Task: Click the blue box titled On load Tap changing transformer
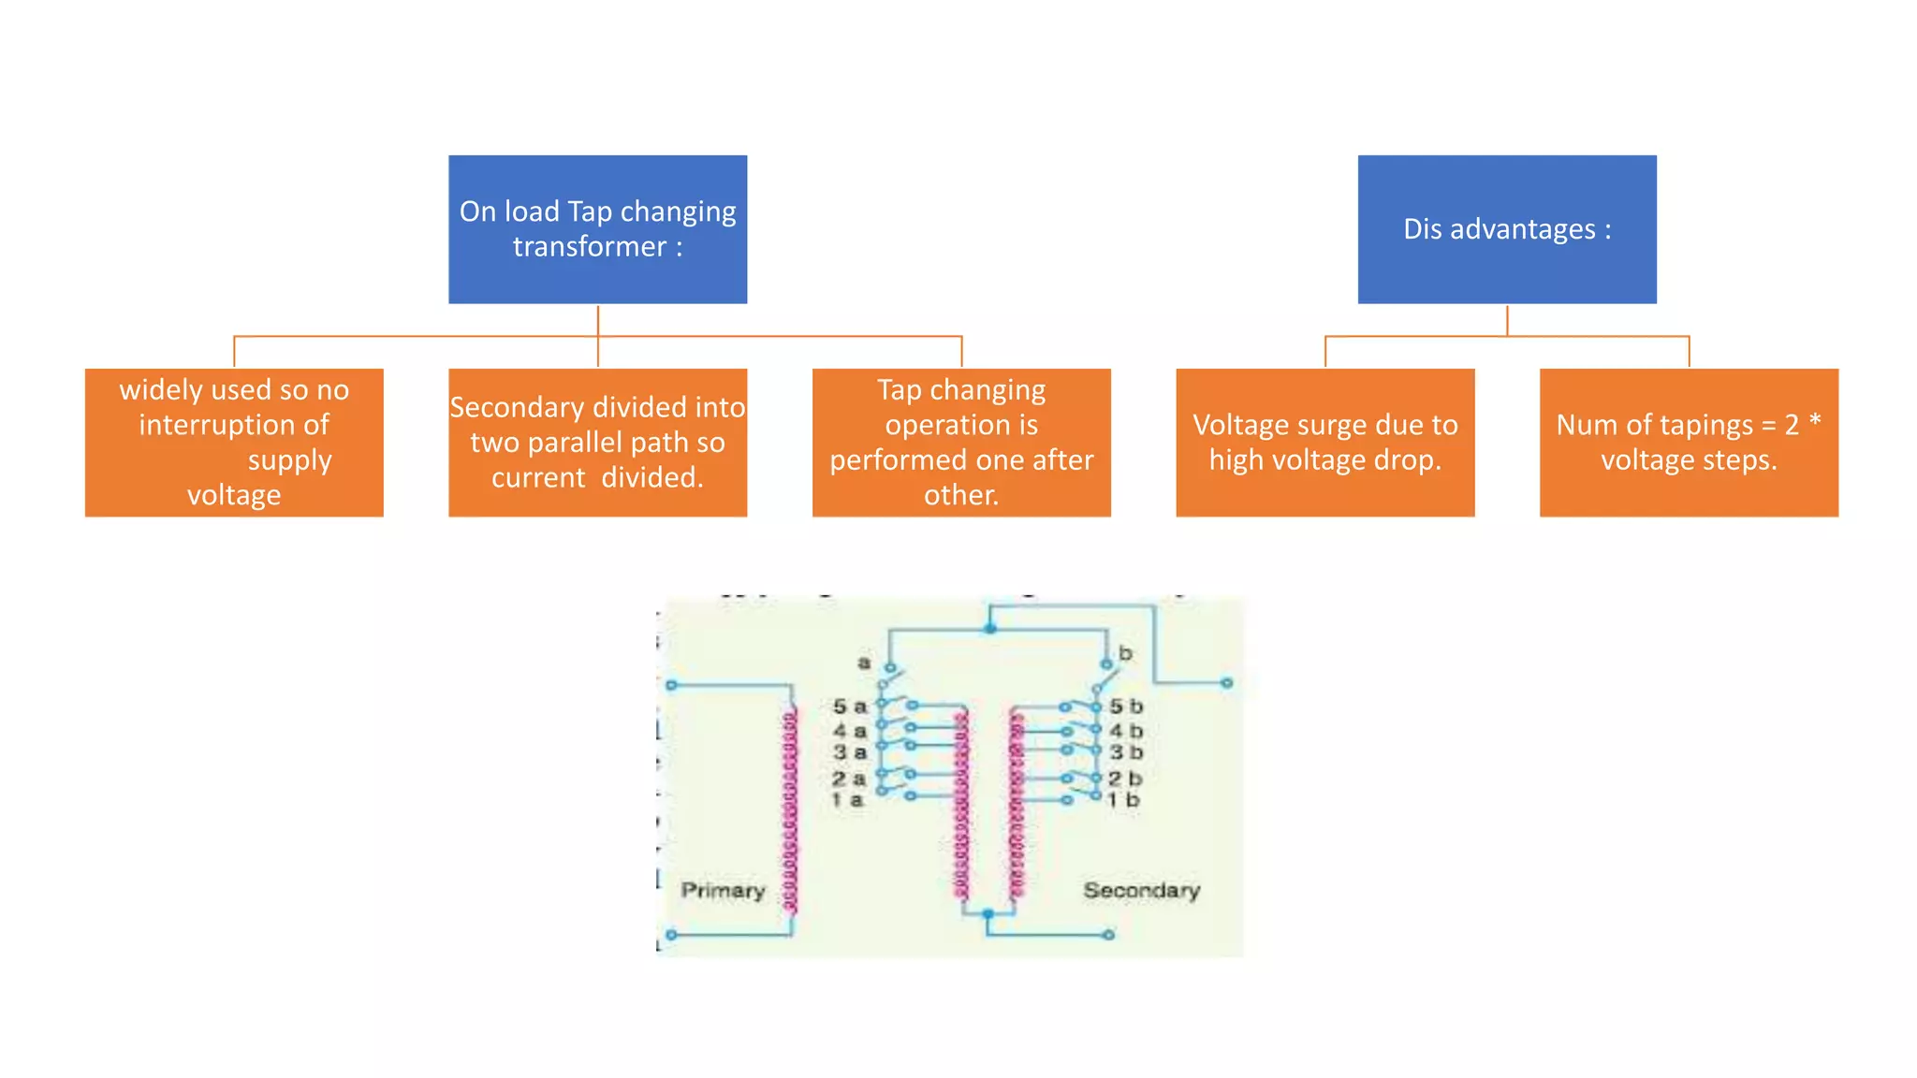point(597,229)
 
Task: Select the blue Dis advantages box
point(1506,229)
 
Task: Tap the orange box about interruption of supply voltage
point(234,442)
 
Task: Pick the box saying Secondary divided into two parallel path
point(597,442)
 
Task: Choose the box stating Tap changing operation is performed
point(961,442)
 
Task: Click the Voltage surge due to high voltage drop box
point(1324,442)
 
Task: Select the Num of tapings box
point(1689,442)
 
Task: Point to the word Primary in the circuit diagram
point(723,890)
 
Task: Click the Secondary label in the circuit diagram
point(1141,890)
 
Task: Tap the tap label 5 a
point(850,707)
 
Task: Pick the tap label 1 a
point(847,800)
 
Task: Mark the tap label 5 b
point(1126,707)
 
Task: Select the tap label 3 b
point(1126,752)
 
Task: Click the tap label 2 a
point(848,779)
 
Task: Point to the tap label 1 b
point(1123,800)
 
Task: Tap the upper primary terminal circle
point(671,685)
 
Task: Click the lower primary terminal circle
point(671,935)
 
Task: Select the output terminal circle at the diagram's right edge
point(1227,683)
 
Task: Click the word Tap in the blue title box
point(590,211)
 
